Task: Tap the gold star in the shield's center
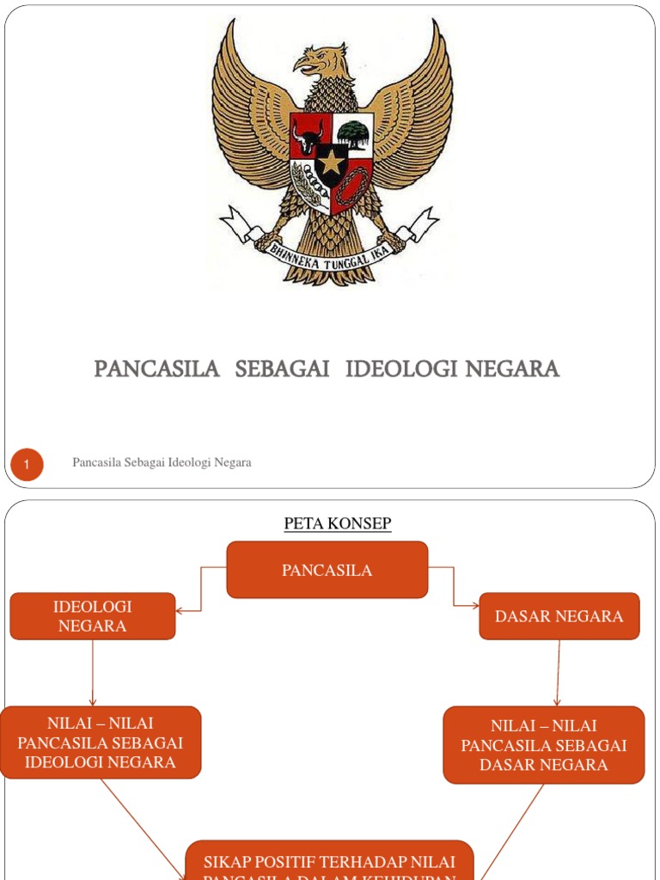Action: (331, 161)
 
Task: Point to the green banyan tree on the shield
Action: (353, 133)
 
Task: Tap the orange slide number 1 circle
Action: (27, 465)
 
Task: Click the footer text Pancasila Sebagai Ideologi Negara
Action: (162, 462)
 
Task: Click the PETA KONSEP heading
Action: (338, 523)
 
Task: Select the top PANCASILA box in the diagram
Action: (327, 570)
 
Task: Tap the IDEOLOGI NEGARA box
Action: (93, 616)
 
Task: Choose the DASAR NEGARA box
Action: (559, 616)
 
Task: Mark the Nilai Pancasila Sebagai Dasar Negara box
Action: (544, 745)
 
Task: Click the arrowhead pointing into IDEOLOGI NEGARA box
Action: (179, 611)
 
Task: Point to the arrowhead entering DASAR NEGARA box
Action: (476, 606)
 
